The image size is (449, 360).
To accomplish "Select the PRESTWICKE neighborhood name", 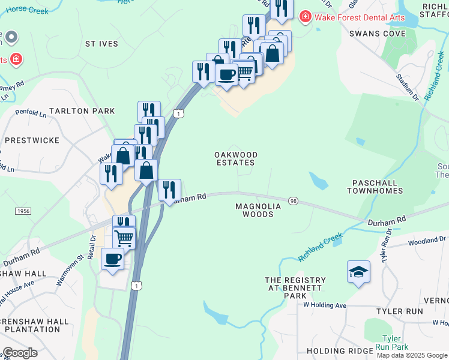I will [x=32, y=140].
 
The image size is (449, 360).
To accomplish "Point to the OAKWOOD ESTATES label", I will [x=236, y=158].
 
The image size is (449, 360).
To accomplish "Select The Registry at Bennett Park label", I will [x=296, y=288].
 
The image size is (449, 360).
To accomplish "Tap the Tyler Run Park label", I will [x=392, y=343].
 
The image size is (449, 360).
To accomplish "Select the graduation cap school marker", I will [x=358, y=272].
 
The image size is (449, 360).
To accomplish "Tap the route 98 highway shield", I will [x=293, y=201].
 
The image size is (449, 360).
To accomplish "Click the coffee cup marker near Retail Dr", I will [x=112, y=259].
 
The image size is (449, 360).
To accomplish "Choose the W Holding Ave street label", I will [x=325, y=305].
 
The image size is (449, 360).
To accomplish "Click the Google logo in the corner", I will [x=20, y=352].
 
